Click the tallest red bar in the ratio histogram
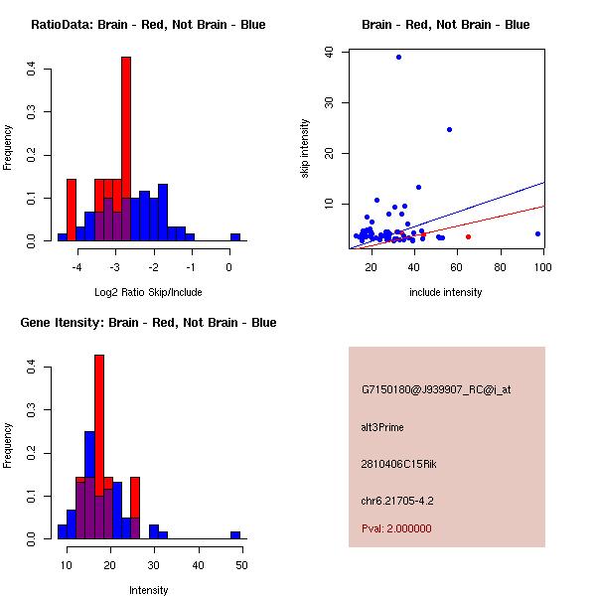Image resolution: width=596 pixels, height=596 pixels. point(126,149)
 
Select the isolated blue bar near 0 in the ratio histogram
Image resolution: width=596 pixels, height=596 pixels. point(235,237)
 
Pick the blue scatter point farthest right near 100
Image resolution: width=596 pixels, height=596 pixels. point(537,234)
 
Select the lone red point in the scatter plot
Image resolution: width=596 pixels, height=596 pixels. point(468,236)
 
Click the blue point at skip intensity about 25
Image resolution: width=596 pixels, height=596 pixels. point(449,129)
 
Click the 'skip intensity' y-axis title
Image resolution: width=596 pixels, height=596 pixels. point(306,148)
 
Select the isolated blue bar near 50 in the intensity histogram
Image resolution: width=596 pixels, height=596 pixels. point(235,534)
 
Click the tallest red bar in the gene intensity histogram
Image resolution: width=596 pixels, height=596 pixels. point(99,447)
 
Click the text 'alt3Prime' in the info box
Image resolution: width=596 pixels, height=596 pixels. point(382,427)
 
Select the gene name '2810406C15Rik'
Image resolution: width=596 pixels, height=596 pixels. point(394,464)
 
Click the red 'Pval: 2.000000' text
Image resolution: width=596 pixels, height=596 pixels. point(396,528)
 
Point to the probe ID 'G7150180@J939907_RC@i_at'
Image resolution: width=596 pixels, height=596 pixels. point(436,390)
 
